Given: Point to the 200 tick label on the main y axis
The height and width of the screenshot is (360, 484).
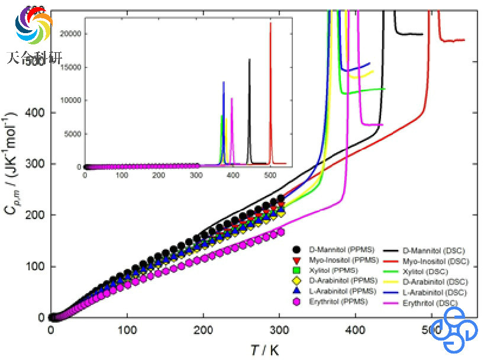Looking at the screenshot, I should [x=34, y=215].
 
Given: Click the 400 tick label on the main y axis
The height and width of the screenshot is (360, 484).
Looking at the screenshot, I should [x=34, y=112].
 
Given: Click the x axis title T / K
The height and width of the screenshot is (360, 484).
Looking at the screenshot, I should [x=264, y=349].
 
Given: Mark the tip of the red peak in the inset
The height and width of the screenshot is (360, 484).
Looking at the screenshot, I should [x=270, y=22].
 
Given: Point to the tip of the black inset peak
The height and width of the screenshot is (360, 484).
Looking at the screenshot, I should [x=249, y=59].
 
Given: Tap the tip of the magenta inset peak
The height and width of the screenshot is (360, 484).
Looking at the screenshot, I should [x=232, y=98].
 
